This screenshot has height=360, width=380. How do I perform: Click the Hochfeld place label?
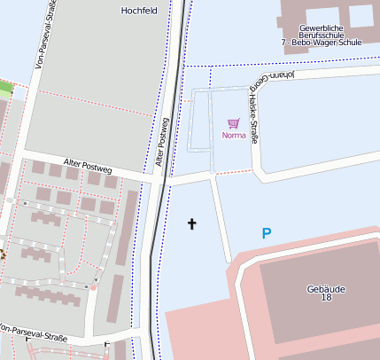coord(137,11)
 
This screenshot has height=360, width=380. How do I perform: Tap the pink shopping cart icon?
coord(234,124)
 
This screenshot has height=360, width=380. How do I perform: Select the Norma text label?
coord(234,136)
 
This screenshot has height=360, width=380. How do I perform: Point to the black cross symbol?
coord(191,223)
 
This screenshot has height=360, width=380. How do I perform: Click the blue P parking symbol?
coord(267,233)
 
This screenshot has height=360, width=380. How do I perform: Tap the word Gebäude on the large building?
coord(325,288)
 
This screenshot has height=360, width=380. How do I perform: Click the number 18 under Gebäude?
coord(325,298)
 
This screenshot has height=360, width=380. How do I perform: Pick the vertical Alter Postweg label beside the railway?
coord(162,143)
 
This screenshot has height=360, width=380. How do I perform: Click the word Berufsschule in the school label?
coord(325,35)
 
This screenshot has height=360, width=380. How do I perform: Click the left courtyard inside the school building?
coord(316,12)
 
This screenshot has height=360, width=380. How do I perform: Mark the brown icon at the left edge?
coord(2,254)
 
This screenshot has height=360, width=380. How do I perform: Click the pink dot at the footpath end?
coord(92,287)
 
